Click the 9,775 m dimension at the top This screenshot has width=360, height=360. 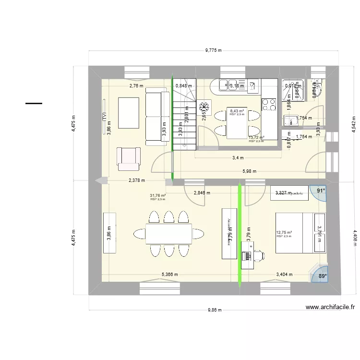pyautogui.click(x=213, y=49)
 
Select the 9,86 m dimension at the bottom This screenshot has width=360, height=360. pyautogui.click(x=214, y=310)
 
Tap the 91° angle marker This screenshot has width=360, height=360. pyautogui.click(x=320, y=191)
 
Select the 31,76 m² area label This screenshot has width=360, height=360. pyautogui.click(x=157, y=196)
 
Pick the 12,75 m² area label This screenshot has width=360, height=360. pyautogui.click(x=284, y=233)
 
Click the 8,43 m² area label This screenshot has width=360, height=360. pyautogui.click(x=237, y=111)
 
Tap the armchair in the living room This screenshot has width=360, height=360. pyautogui.click(x=128, y=159)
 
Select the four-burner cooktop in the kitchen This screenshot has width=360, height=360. pyautogui.click(x=269, y=105)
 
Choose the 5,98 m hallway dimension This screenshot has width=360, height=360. pyautogui.click(x=250, y=171)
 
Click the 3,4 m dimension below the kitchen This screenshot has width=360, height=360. pyautogui.click(x=237, y=157)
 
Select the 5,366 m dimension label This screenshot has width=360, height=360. pyautogui.click(x=169, y=275)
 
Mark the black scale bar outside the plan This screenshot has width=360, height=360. pyautogui.click(x=34, y=103)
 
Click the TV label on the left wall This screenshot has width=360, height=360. pyautogui.click(x=104, y=116)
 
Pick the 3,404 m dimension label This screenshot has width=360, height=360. pyautogui.click(x=284, y=275)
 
